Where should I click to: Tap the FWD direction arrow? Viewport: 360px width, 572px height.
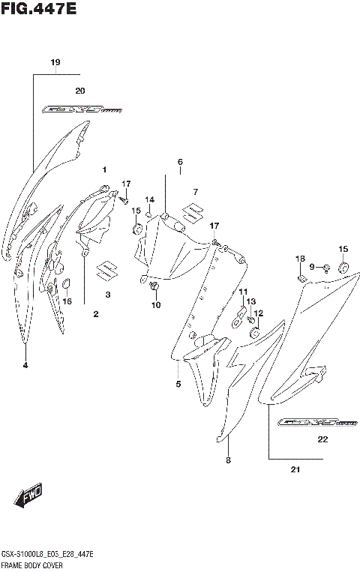tap(28, 496)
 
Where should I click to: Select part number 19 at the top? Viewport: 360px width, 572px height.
tap(55, 62)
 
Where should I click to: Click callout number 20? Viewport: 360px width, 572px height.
tap(80, 90)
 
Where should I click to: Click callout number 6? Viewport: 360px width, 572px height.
tap(180, 162)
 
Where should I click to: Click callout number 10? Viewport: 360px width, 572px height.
tap(156, 304)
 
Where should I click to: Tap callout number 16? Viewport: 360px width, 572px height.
tap(67, 301)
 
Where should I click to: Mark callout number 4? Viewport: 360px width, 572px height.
tap(25, 365)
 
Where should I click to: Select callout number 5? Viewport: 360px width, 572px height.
tap(178, 385)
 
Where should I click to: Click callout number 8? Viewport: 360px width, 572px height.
tap(228, 461)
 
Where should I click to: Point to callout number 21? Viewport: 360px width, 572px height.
tap(295, 471)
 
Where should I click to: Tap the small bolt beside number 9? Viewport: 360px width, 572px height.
tap(327, 268)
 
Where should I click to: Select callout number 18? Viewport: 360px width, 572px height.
tap(300, 259)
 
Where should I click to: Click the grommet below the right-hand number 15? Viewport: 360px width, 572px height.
tap(343, 266)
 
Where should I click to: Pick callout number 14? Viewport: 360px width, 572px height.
tap(150, 199)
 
